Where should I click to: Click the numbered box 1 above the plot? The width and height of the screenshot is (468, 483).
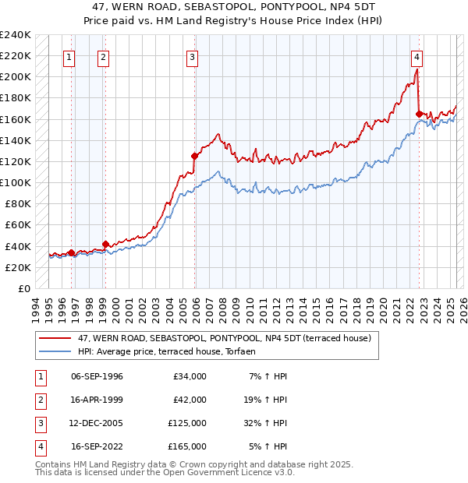pos(70,56)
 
